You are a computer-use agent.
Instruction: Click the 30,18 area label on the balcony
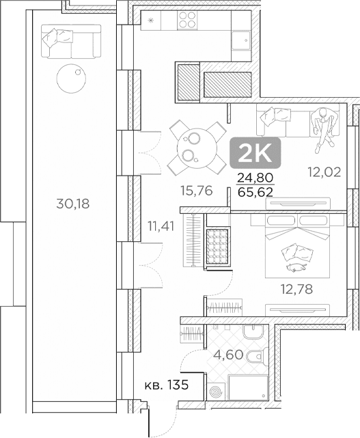pyautogui.click(x=73, y=204)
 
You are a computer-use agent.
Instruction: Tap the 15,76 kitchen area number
pyautogui.click(x=197, y=191)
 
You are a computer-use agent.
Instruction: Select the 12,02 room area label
pyautogui.click(x=324, y=172)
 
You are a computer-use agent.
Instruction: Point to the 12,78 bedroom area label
pyautogui.click(x=296, y=289)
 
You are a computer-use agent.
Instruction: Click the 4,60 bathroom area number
pyautogui.click(x=228, y=355)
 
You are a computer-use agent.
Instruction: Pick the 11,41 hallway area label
pyautogui.click(x=161, y=226)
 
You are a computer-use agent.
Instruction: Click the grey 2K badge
pyautogui.click(x=255, y=152)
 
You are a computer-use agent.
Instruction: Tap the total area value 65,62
pyautogui.click(x=255, y=192)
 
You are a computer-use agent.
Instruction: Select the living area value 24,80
pyautogui.click(x=255, y=178)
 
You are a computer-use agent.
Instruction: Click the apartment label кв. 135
pyautogui.click(x=167, y=385)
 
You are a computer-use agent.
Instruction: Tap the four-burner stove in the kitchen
pyautogui.click(x=187, y=20)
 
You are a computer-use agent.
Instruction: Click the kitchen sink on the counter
pyautogui.click(x=241, y=40)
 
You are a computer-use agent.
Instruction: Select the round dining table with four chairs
pyautogui.click(x=197, y=148)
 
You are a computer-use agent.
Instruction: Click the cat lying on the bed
pyautogui.click(x=296, y=267)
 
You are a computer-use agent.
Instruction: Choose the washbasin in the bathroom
pyautogui.click(x=253, y=332)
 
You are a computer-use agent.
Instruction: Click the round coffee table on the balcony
pyautogui.click(x=71, y=79)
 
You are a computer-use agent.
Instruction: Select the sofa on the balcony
pyautogui.click(x=71, y=42)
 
